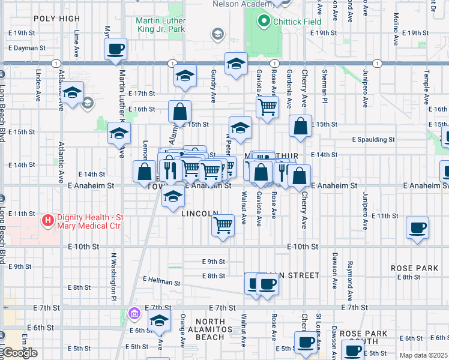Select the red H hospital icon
[x=47, y=220]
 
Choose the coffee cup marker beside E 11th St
[x=418, y=227]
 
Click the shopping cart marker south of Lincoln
[x=223, y=226]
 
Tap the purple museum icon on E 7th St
[x=134, y=313]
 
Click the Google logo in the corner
[x=19, y=353]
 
